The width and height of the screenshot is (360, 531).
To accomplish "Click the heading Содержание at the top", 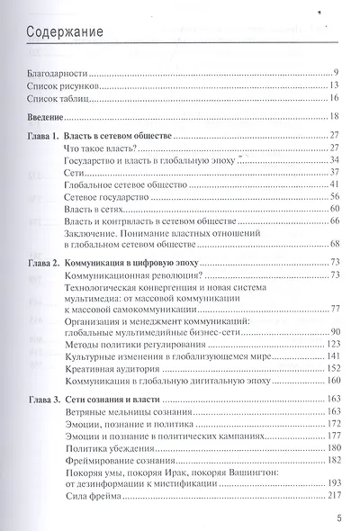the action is click(x=64, y=35).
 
